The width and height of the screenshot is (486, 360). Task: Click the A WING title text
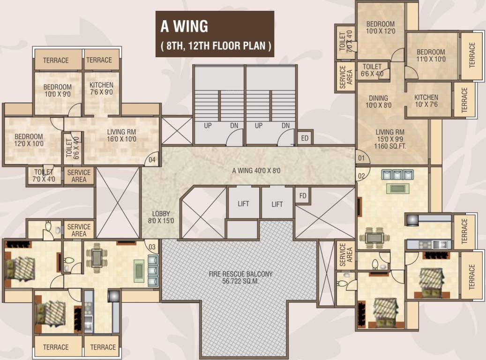(x=184, y=27)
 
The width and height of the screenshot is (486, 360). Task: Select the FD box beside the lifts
(x=302, y=196)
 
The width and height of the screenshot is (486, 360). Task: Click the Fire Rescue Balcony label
(x=241, y=277)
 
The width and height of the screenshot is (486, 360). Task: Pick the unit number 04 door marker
(x=152, y=160)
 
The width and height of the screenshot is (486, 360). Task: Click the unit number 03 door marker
(x=152, y=247)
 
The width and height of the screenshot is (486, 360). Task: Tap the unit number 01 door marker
(x=360, y=158)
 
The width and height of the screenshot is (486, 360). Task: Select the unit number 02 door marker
(x=361, y=176)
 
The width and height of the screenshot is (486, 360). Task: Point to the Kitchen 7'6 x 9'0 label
(x=101, y=89)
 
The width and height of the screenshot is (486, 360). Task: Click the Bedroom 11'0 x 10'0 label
(x=431, y=55)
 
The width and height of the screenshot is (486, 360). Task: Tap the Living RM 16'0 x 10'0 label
(x=121, y=135)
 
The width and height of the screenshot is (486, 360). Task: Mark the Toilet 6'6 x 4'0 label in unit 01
(x=372, y=70)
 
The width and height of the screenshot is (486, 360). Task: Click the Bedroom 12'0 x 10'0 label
(x=29, y=140)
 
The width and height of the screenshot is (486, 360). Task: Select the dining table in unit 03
(x=97, y=257)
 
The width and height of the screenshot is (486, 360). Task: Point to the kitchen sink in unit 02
(x=440, y=244)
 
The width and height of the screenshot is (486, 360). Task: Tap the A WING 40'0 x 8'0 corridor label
(x=256, y=171)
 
